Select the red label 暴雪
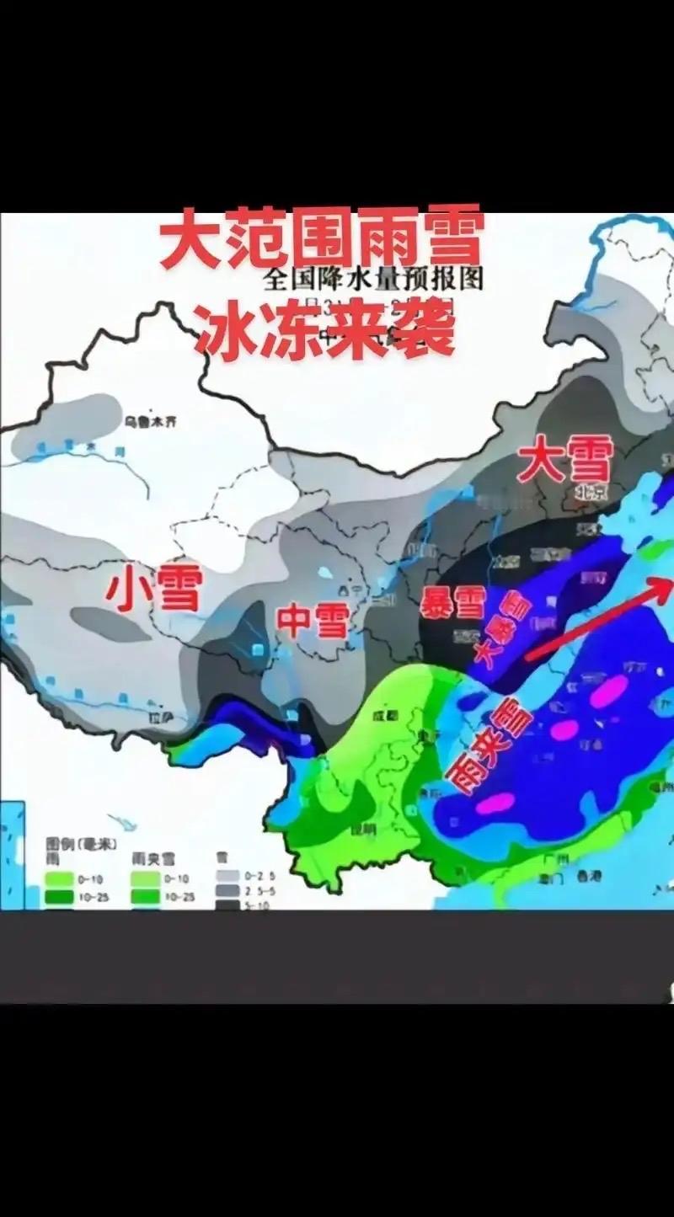452,603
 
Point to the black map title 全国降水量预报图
373,279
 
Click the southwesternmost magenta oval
495,803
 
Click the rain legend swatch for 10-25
60,895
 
